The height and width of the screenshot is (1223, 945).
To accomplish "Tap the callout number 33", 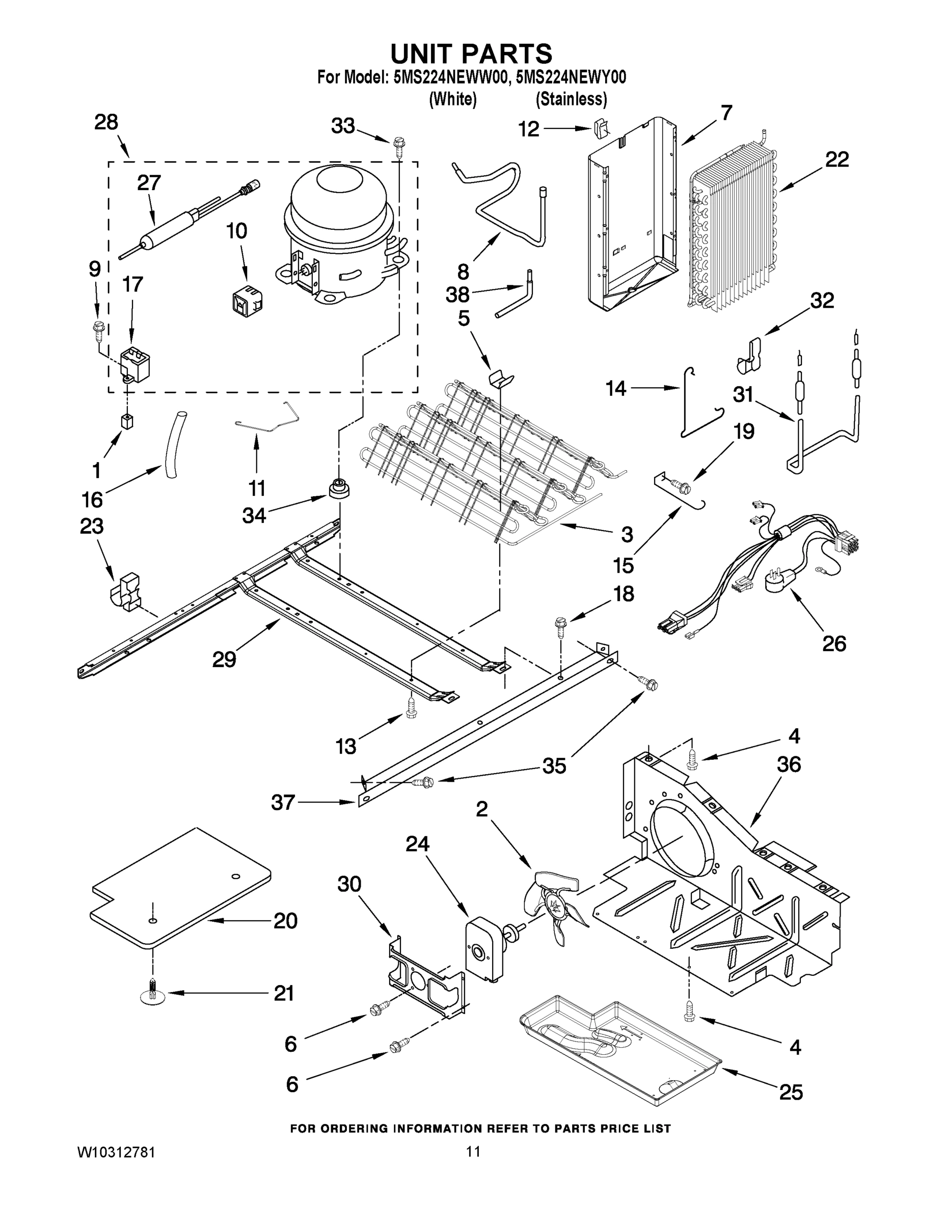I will click(343, 126).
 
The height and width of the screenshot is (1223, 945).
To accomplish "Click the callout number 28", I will click(106, 122).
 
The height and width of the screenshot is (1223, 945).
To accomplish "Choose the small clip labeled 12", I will click(599, 129).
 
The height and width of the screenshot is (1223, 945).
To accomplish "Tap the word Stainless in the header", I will click(571, 99).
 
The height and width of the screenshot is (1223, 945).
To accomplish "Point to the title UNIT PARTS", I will click(471, 54).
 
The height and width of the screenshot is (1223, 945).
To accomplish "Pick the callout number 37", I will click(283, 803).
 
